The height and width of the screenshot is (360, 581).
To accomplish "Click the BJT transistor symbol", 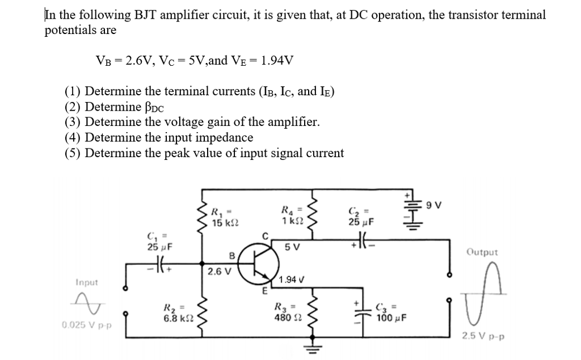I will [x=260, y=263].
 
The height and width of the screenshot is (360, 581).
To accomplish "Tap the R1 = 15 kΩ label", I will [x=219, y=218].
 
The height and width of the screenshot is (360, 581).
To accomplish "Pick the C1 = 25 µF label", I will [x=159, y=241].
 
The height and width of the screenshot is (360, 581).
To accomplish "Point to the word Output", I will [x=482, y=252].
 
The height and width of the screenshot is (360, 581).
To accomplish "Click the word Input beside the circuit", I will [x=86, y=282].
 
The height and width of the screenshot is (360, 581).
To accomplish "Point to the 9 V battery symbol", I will [x=410, y=214].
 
